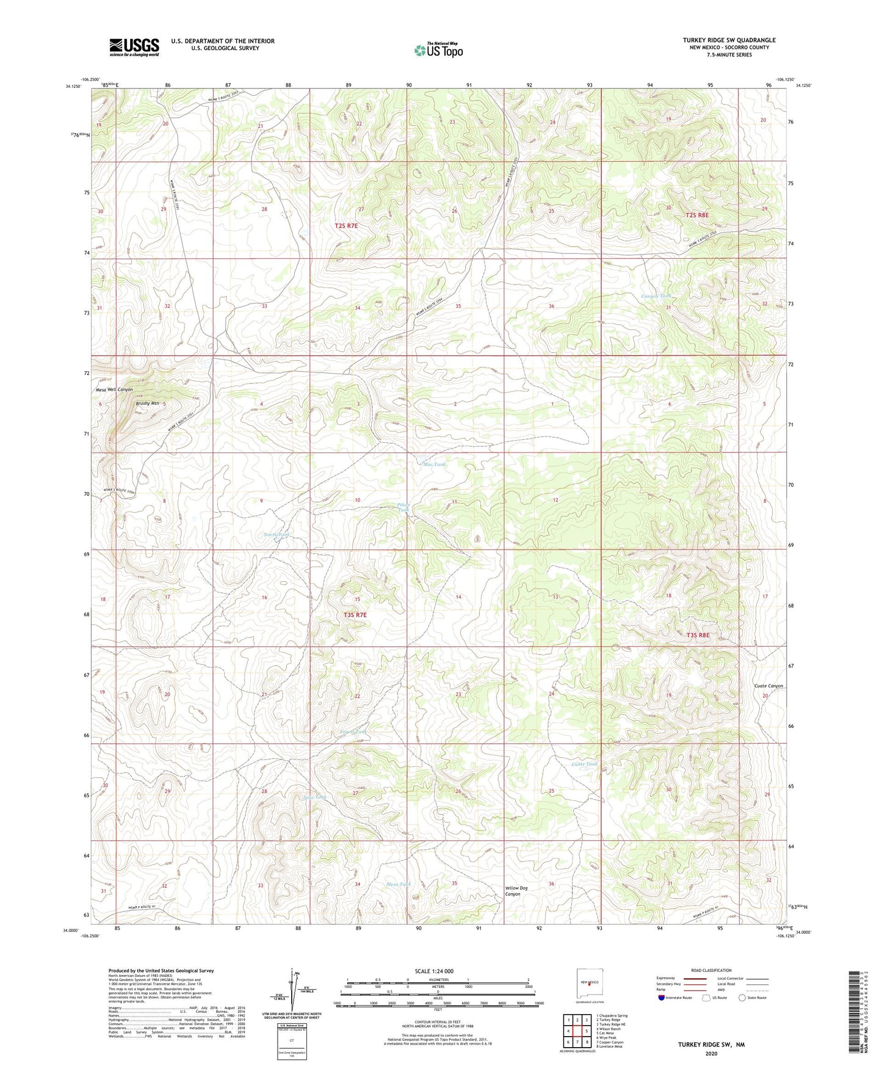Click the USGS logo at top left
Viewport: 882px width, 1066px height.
point(134,47)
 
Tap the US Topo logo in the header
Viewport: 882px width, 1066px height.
point(438,50)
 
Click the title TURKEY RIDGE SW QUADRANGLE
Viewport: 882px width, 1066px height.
point(729,40)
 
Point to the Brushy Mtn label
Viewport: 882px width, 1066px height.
point(147,403)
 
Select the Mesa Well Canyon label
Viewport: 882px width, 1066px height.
point(114,389)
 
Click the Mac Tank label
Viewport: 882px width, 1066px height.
point(434,465)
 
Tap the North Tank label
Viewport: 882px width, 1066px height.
point(277,535)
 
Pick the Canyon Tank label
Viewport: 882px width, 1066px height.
point(656,296)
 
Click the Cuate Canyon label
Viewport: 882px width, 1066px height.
point(768,686)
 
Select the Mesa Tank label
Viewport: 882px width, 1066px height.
point(399,884)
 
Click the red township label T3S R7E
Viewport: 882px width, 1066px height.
point(352,615)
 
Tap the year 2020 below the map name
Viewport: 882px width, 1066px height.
point(711,1053)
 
